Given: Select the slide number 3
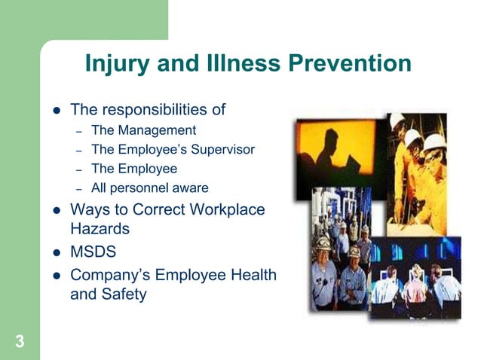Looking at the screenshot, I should [20, 342].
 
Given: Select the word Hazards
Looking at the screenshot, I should [100, 228].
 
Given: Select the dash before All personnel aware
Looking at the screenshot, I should [78, 188].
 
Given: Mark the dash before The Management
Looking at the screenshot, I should [78, 131].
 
